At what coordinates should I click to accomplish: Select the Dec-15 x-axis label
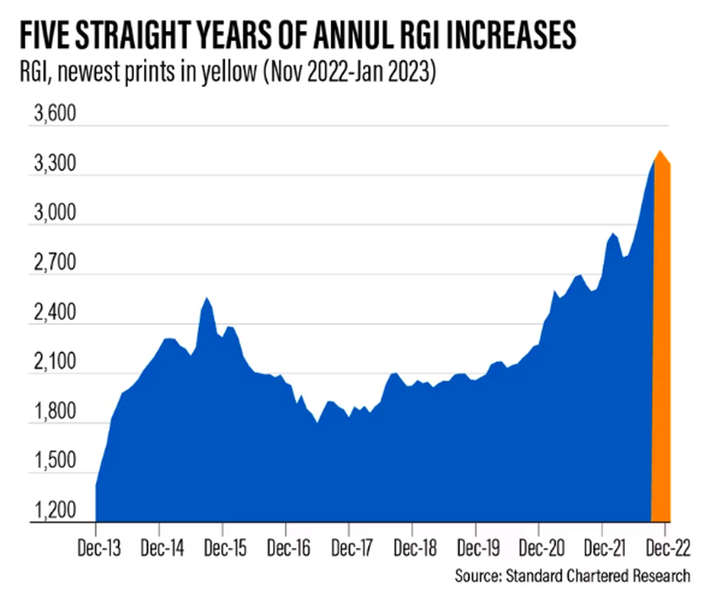point(222,546)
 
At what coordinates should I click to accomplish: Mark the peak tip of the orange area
point(660,152)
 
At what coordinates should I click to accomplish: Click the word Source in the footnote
point(478,577)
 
